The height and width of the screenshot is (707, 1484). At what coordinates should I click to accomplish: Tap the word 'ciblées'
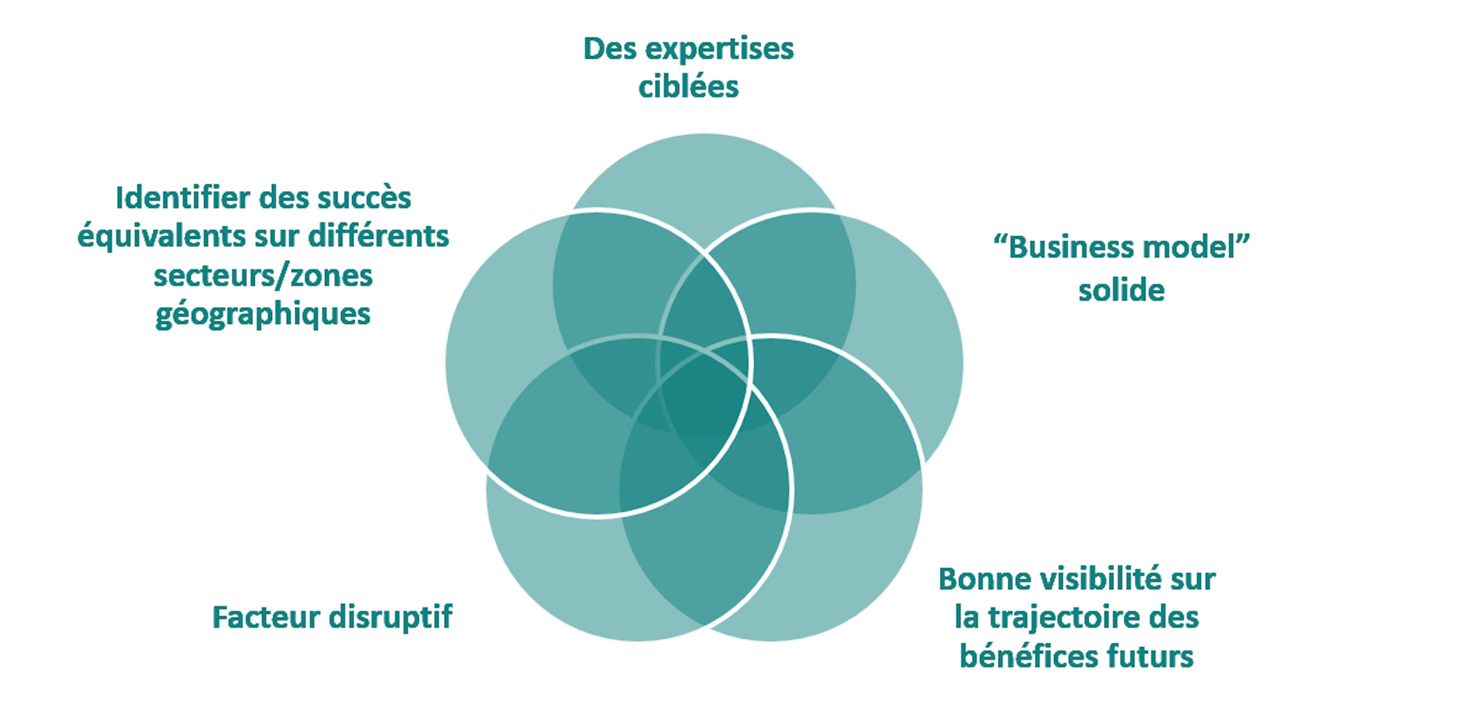pos(688,88)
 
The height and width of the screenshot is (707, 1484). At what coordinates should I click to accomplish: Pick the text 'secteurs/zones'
pos(263,276)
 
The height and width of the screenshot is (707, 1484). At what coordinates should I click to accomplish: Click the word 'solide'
pos(1121,290)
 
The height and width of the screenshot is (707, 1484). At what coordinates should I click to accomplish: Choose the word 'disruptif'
pos(391,617)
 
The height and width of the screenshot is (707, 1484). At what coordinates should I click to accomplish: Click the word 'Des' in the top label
pos(609,49)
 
